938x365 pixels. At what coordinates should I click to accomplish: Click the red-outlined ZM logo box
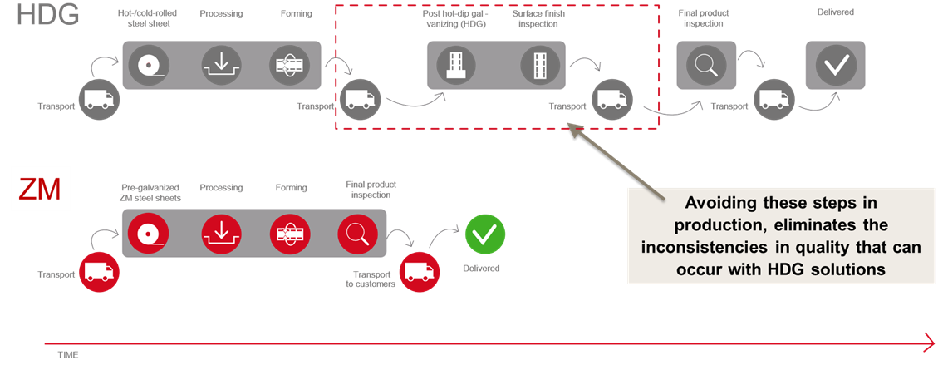[38, 190]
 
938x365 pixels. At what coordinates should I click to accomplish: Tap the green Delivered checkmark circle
[484, 234]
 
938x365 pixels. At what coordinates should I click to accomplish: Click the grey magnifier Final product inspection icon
[706, 65]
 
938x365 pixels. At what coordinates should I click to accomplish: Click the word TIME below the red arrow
[68, 355]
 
